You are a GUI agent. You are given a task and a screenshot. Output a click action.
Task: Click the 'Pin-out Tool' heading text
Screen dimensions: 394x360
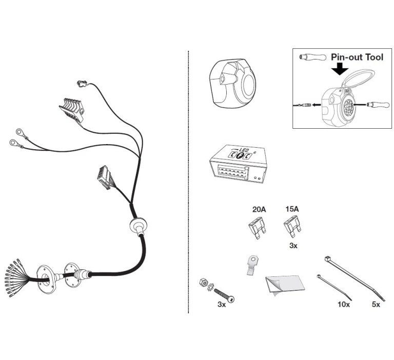click(357, 57)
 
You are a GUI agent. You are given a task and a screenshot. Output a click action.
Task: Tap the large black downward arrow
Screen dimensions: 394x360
click(339, 69)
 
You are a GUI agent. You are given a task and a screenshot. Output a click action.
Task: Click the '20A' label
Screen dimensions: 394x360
click(259, 209)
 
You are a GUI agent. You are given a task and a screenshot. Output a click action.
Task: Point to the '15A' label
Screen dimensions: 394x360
click(292, 209)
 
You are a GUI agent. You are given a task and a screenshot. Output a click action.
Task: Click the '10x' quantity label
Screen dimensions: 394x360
click(344, 305)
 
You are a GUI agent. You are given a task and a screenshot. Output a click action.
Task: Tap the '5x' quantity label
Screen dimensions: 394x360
click(376, 305)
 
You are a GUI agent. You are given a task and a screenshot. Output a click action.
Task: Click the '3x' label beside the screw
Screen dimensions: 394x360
click(222, 305)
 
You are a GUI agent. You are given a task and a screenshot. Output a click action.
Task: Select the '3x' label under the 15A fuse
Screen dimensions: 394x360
click(293, 246)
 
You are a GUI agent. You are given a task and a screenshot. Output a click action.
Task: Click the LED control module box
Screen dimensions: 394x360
click(238, 164)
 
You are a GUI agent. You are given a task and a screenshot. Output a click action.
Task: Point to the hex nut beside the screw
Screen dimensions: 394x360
click(203, 282)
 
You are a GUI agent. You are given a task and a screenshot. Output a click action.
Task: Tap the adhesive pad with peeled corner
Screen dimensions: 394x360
click(285, 286)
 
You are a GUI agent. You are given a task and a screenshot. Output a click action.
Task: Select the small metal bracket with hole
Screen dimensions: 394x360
click(253, 265)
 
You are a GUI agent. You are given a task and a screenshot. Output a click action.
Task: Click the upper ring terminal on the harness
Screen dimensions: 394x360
click(19, 131)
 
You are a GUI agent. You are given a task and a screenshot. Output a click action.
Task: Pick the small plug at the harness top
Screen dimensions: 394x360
click(81, 83)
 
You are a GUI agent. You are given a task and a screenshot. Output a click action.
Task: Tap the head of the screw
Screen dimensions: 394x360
click(231, 298)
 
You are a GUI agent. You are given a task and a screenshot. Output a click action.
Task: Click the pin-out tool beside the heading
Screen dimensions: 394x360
click(312, 57)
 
